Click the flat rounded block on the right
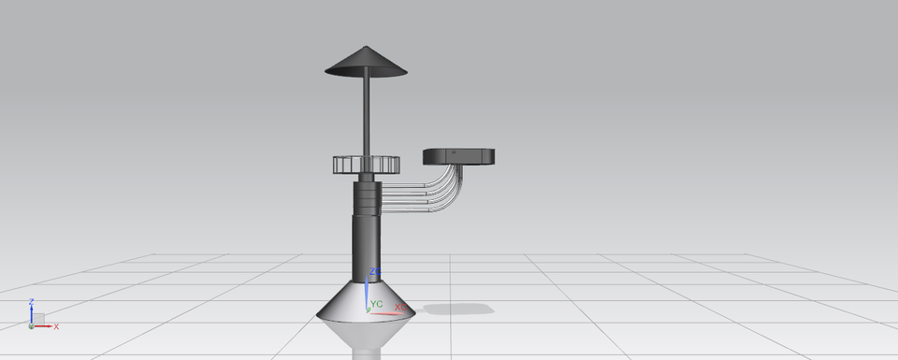(x=458, y=156)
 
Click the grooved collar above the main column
(x=367, y=197)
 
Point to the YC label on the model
(x=378, y=304)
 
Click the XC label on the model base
(x=399, y=307)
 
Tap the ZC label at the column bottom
(x=374, y=272)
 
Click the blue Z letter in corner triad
(x=31, y=301)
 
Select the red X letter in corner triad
(x=56, y=326)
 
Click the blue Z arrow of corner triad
(x=31, y=313)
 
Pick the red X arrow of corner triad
(x=45, y=325)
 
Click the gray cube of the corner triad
(x=38, y=320)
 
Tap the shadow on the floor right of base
(x=458, y=309)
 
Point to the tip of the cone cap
(x=367, y=48)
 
